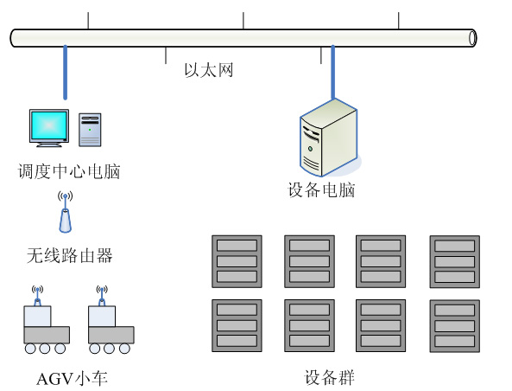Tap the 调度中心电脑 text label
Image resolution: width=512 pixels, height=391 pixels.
tap(69, 171)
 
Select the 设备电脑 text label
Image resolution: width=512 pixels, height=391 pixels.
tap(321, 190)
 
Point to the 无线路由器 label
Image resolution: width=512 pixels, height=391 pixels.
tap(69, 256)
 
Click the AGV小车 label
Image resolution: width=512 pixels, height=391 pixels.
tap(73, 378)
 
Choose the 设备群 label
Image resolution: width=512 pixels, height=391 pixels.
tap(329, 378)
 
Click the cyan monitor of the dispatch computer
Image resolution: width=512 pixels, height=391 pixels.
tap(50, 126)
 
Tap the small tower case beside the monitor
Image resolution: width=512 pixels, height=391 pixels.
tap(90, 130)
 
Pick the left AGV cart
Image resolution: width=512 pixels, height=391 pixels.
tap(46, 327)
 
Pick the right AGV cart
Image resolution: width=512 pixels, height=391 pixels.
tap(111, 327)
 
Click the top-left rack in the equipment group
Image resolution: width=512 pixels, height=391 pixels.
tap(237, 260)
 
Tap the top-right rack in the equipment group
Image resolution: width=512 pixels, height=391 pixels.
tap(454, 260)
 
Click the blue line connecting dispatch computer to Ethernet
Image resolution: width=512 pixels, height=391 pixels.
tap(64, 73)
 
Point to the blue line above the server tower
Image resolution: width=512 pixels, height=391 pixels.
tap(332, 73)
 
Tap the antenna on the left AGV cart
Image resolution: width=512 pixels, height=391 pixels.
tap(36, 294)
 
